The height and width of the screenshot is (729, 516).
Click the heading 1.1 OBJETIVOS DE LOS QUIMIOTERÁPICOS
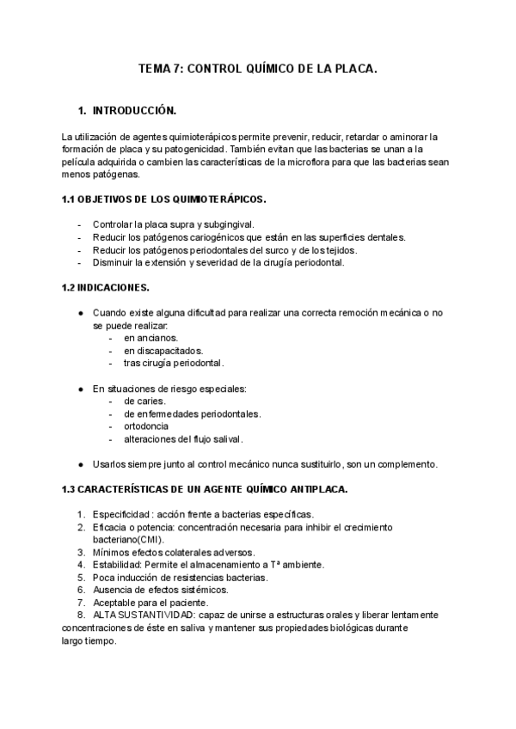(x=164, y=199)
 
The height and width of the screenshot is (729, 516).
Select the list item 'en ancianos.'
(x=150, y=338)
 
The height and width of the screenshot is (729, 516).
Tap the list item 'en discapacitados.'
(x=163, y=351)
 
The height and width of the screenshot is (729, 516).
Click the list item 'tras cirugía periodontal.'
(x=174, y=363)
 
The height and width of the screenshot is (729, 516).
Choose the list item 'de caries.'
(x=144, y=401)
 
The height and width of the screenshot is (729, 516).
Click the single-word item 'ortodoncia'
(x=146, y=426)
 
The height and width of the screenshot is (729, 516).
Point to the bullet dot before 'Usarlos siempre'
(x=80, y=464)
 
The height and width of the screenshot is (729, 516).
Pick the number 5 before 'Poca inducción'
(x=80, y=577)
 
